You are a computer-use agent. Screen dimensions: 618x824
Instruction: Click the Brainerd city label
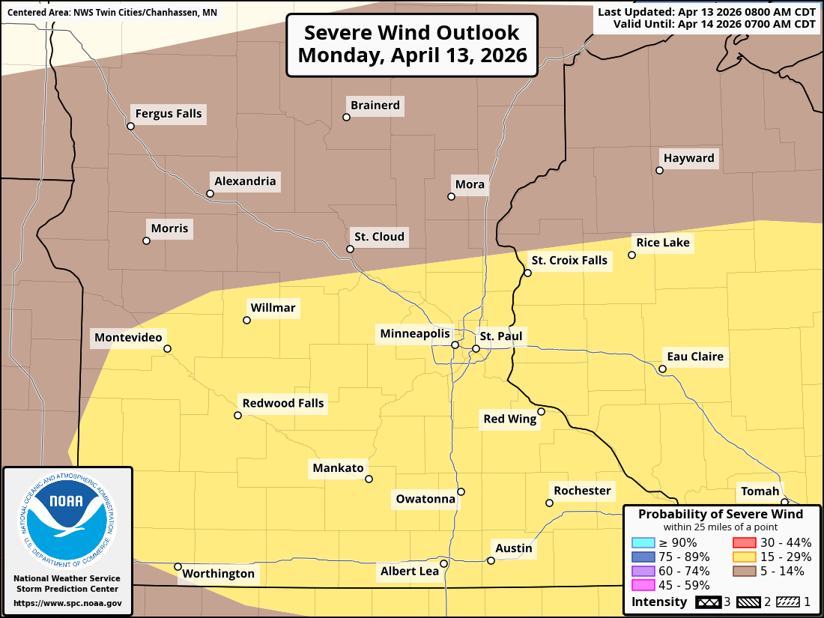tap(375, 106)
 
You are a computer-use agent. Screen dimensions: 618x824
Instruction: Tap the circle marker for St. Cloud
tap(350, 249)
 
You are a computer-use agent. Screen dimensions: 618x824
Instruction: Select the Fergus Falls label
tap(169, 114)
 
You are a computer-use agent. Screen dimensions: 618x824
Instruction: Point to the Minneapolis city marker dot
tap(455, 345)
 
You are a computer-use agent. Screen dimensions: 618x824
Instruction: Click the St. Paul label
tap(500, 336)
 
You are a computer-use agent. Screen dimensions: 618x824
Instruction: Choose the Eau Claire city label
tap(695, 357)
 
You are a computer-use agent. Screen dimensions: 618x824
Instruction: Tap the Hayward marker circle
tap(659, 171)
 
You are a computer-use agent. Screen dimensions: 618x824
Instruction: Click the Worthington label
tap(219, 574)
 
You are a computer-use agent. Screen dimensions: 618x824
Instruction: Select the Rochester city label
tap(582, 491)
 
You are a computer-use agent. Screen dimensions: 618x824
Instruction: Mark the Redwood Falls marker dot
tap(237, 415)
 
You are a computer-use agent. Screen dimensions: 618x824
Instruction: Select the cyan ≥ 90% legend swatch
tap(641, 543)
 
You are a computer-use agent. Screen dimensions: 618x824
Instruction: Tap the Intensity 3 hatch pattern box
tap(708, 602)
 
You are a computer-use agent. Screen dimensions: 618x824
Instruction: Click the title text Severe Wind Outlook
tap(411, 33)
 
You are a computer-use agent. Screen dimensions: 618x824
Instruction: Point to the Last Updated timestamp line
tap(706, 12)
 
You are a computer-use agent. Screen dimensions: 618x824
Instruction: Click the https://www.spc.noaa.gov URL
tap(67, 603)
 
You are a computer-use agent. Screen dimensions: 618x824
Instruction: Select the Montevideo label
tap(128, 338)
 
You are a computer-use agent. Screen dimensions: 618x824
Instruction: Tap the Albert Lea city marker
tap(443, 563)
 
